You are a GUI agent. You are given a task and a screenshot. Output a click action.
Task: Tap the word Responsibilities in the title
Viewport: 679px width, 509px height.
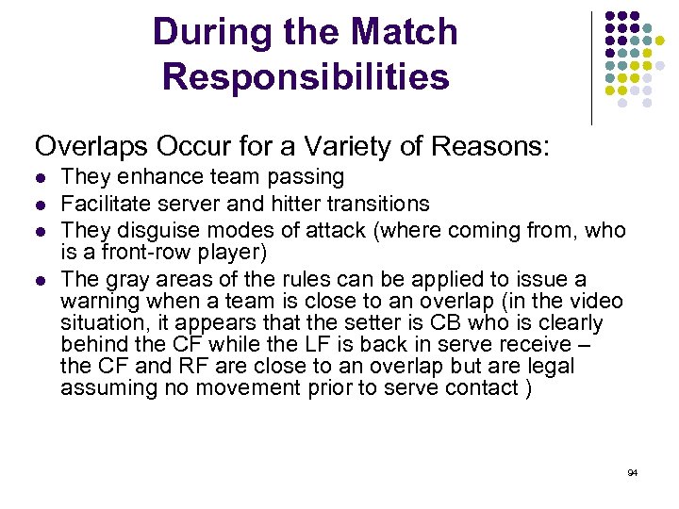pyautogui.click(x=306, y=76)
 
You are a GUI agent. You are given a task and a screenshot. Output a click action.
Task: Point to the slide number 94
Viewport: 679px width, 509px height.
pyautogui.click(x=632, y=470)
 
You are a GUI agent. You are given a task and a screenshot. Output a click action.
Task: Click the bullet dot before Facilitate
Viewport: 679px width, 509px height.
pyautogui.click(x=39, y=204)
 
